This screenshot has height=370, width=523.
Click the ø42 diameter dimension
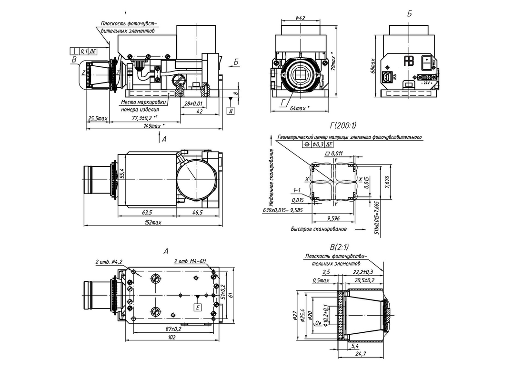click(x=300, y=18)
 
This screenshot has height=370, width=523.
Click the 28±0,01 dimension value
click(x=192, y=103)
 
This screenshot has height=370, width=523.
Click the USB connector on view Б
click(x=388, y=77)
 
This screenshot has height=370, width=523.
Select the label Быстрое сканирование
click(x=319, y=229)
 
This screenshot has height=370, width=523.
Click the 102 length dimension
click(x=171, y=338)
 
